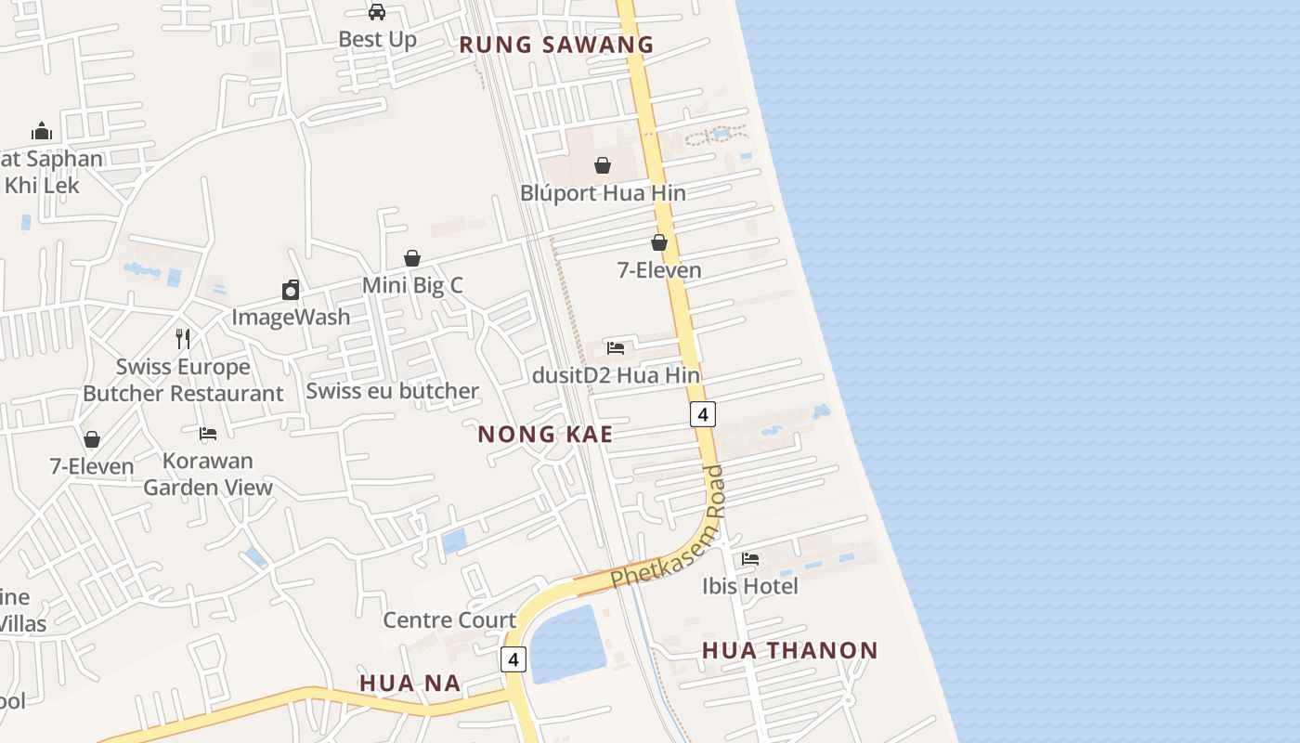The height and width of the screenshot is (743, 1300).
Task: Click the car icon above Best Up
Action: [x=376, y=12]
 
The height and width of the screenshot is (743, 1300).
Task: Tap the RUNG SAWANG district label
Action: [x=556, y=45]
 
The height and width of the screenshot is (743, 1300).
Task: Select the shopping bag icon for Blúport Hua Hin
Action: [x=603, y=165]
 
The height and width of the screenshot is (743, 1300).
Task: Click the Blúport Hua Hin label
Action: [x=603, y=193]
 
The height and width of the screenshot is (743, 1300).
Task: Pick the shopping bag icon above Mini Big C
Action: [x=412, y=258]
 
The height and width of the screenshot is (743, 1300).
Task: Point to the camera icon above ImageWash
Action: [x=291, y=290]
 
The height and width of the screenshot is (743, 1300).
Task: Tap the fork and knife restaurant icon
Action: [x=183, y=338]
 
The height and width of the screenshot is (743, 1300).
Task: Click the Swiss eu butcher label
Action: [x=392, y=391]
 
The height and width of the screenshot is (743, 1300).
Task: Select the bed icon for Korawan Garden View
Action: [x=208, y=433]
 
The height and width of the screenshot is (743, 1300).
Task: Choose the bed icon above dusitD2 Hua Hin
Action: [x=616, y=348]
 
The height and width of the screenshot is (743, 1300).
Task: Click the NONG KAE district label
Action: [x=545, y=434]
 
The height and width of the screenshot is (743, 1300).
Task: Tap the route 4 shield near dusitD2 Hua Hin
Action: [x=703, y=414]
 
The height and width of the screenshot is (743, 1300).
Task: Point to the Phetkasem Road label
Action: [x=668, y=528]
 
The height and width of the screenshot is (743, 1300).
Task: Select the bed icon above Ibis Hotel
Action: [x=750, y=559]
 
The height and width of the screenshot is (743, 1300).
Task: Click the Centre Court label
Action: [x=449, y=619]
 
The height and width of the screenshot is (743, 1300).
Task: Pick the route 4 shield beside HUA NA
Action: [x=513, y=659]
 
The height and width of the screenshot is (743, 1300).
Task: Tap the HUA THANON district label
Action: [x=789, y=650]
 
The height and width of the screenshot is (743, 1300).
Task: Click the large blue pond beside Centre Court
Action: [x=566, y=644]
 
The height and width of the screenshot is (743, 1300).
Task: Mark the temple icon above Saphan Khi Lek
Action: [x=42, y=130]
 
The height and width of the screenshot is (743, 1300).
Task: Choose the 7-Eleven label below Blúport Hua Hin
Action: [x=659, y=270]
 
